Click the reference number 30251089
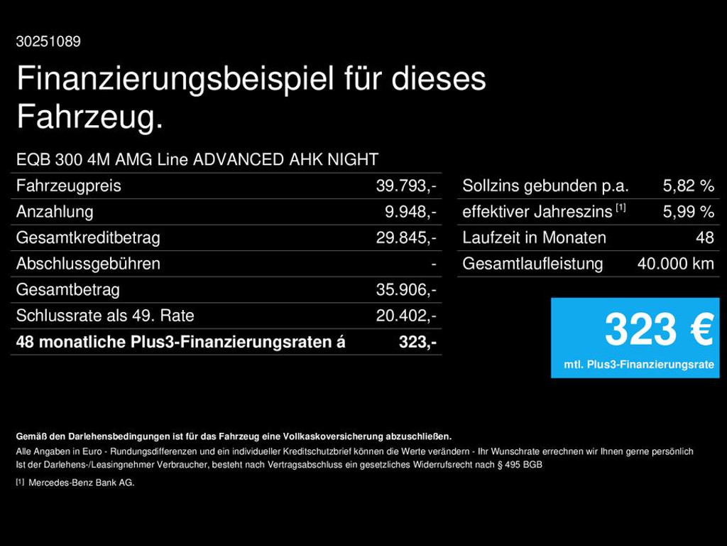[48, 42]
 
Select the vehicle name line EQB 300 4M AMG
[197, 159]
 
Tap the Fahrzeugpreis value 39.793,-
[405, 186]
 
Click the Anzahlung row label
[55, 212]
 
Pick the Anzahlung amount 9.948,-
[410, 212]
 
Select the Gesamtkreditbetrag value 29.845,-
[405, 238]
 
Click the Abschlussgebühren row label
[88, 264]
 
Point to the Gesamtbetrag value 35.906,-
[405, 290]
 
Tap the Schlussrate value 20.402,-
[405, 316]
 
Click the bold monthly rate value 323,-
[417, 342]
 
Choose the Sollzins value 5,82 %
[688, 186]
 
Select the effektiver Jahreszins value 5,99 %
[688, 212]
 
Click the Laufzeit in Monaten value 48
[704, 238]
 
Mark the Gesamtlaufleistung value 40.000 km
[675, 264]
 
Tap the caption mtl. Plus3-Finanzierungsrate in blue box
[638, 365]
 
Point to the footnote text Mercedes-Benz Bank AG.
[81, 483]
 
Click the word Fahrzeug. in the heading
[89, 117]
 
